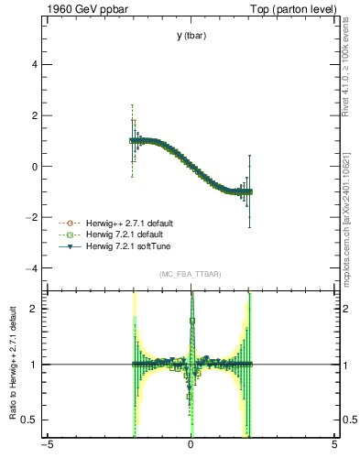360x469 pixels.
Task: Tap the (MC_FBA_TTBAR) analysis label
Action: pyautogui.click(x=191, y=274)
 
